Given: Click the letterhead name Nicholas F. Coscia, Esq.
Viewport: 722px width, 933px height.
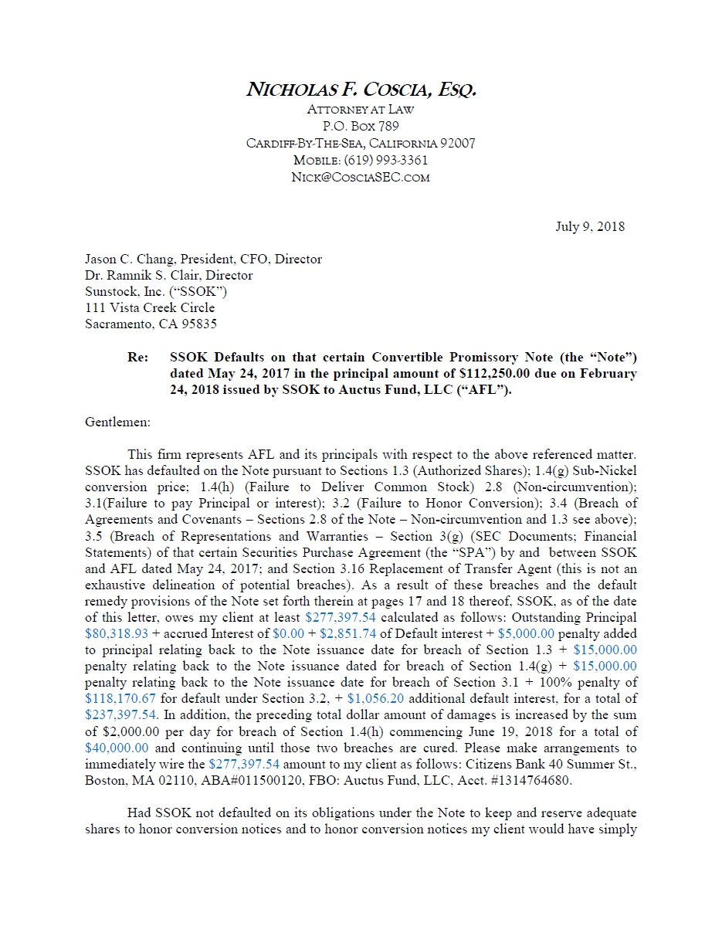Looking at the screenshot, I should [361, 90].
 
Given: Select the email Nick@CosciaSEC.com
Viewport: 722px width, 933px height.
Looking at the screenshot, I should [361, 178].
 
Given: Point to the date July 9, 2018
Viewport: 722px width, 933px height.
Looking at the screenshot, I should [590, 227].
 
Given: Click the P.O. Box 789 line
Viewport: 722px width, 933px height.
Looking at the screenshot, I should [361, 126].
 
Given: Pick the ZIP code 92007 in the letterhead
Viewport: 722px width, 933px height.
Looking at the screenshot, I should [457, 144].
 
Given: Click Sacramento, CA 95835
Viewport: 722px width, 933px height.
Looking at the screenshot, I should [151, 324].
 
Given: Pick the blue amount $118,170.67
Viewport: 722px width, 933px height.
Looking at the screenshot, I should [120, 699].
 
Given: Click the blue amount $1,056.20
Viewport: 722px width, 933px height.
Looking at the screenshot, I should [383, 699].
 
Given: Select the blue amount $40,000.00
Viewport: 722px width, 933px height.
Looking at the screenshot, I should [117, 748].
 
